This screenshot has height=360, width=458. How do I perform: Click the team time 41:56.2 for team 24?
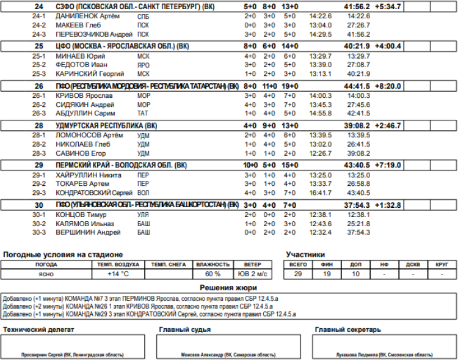(x=357, y=6)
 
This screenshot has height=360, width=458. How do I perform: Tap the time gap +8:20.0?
(x=388, y=86)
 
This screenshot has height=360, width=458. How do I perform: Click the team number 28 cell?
(x=39, y=125)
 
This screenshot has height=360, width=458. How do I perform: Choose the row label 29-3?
(x=39, y=193)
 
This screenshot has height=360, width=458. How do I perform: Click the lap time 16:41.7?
(x=320, y=193)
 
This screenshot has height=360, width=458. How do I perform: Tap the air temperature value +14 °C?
(x=118, y=274)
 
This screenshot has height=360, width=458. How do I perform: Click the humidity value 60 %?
(x=213, y=274)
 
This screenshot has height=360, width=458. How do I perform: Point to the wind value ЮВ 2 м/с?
(x=252, y=274)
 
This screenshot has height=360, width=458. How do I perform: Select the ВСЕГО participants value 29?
(x=298, y=274)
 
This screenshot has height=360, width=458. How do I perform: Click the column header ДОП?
(x=355, y=265)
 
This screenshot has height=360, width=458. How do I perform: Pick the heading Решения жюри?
(x=228, y=287)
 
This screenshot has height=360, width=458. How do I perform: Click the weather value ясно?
(x=46, y=274)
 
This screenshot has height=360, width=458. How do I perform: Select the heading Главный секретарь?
(x=347, y=329)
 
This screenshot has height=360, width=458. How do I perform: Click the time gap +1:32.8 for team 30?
(x=388, y=205)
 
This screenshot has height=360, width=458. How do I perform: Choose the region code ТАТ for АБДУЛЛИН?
(x=144, y=113)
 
